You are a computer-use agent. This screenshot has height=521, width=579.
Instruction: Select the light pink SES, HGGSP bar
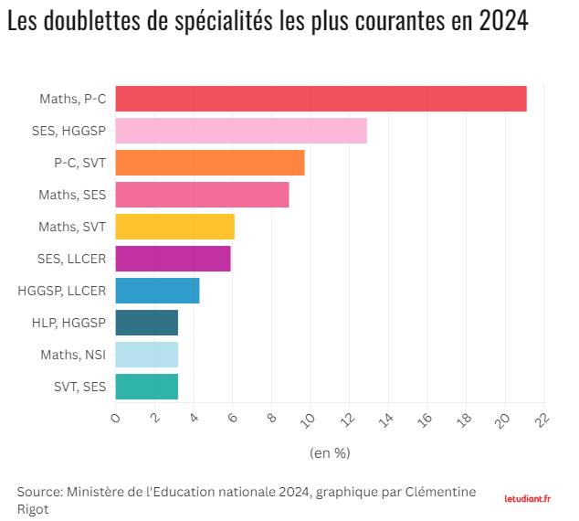click(241, 131)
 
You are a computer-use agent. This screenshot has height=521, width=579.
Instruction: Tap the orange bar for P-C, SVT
click(210, 163)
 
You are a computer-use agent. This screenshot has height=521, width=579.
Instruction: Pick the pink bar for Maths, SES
click(203, 195)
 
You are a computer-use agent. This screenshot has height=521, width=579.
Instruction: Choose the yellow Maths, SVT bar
click(175, 227)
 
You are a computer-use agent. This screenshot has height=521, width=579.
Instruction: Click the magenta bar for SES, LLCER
click(174, 259)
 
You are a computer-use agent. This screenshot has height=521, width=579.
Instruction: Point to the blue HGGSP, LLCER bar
click(158, 291)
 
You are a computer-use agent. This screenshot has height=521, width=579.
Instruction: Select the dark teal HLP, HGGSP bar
click(147, 323)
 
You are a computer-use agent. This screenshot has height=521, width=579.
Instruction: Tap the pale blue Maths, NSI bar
click(147, 355)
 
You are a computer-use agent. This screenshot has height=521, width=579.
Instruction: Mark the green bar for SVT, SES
click(147, 387)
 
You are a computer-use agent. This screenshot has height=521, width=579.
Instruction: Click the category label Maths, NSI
click(73, 355)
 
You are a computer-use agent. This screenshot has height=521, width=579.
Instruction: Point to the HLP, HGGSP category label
click(68, 323)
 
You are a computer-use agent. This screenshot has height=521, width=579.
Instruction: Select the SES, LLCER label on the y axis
click(71, 259)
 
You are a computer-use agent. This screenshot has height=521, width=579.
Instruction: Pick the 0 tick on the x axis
click(116, 418)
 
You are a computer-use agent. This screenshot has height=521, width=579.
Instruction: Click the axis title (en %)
click(330, 452)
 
